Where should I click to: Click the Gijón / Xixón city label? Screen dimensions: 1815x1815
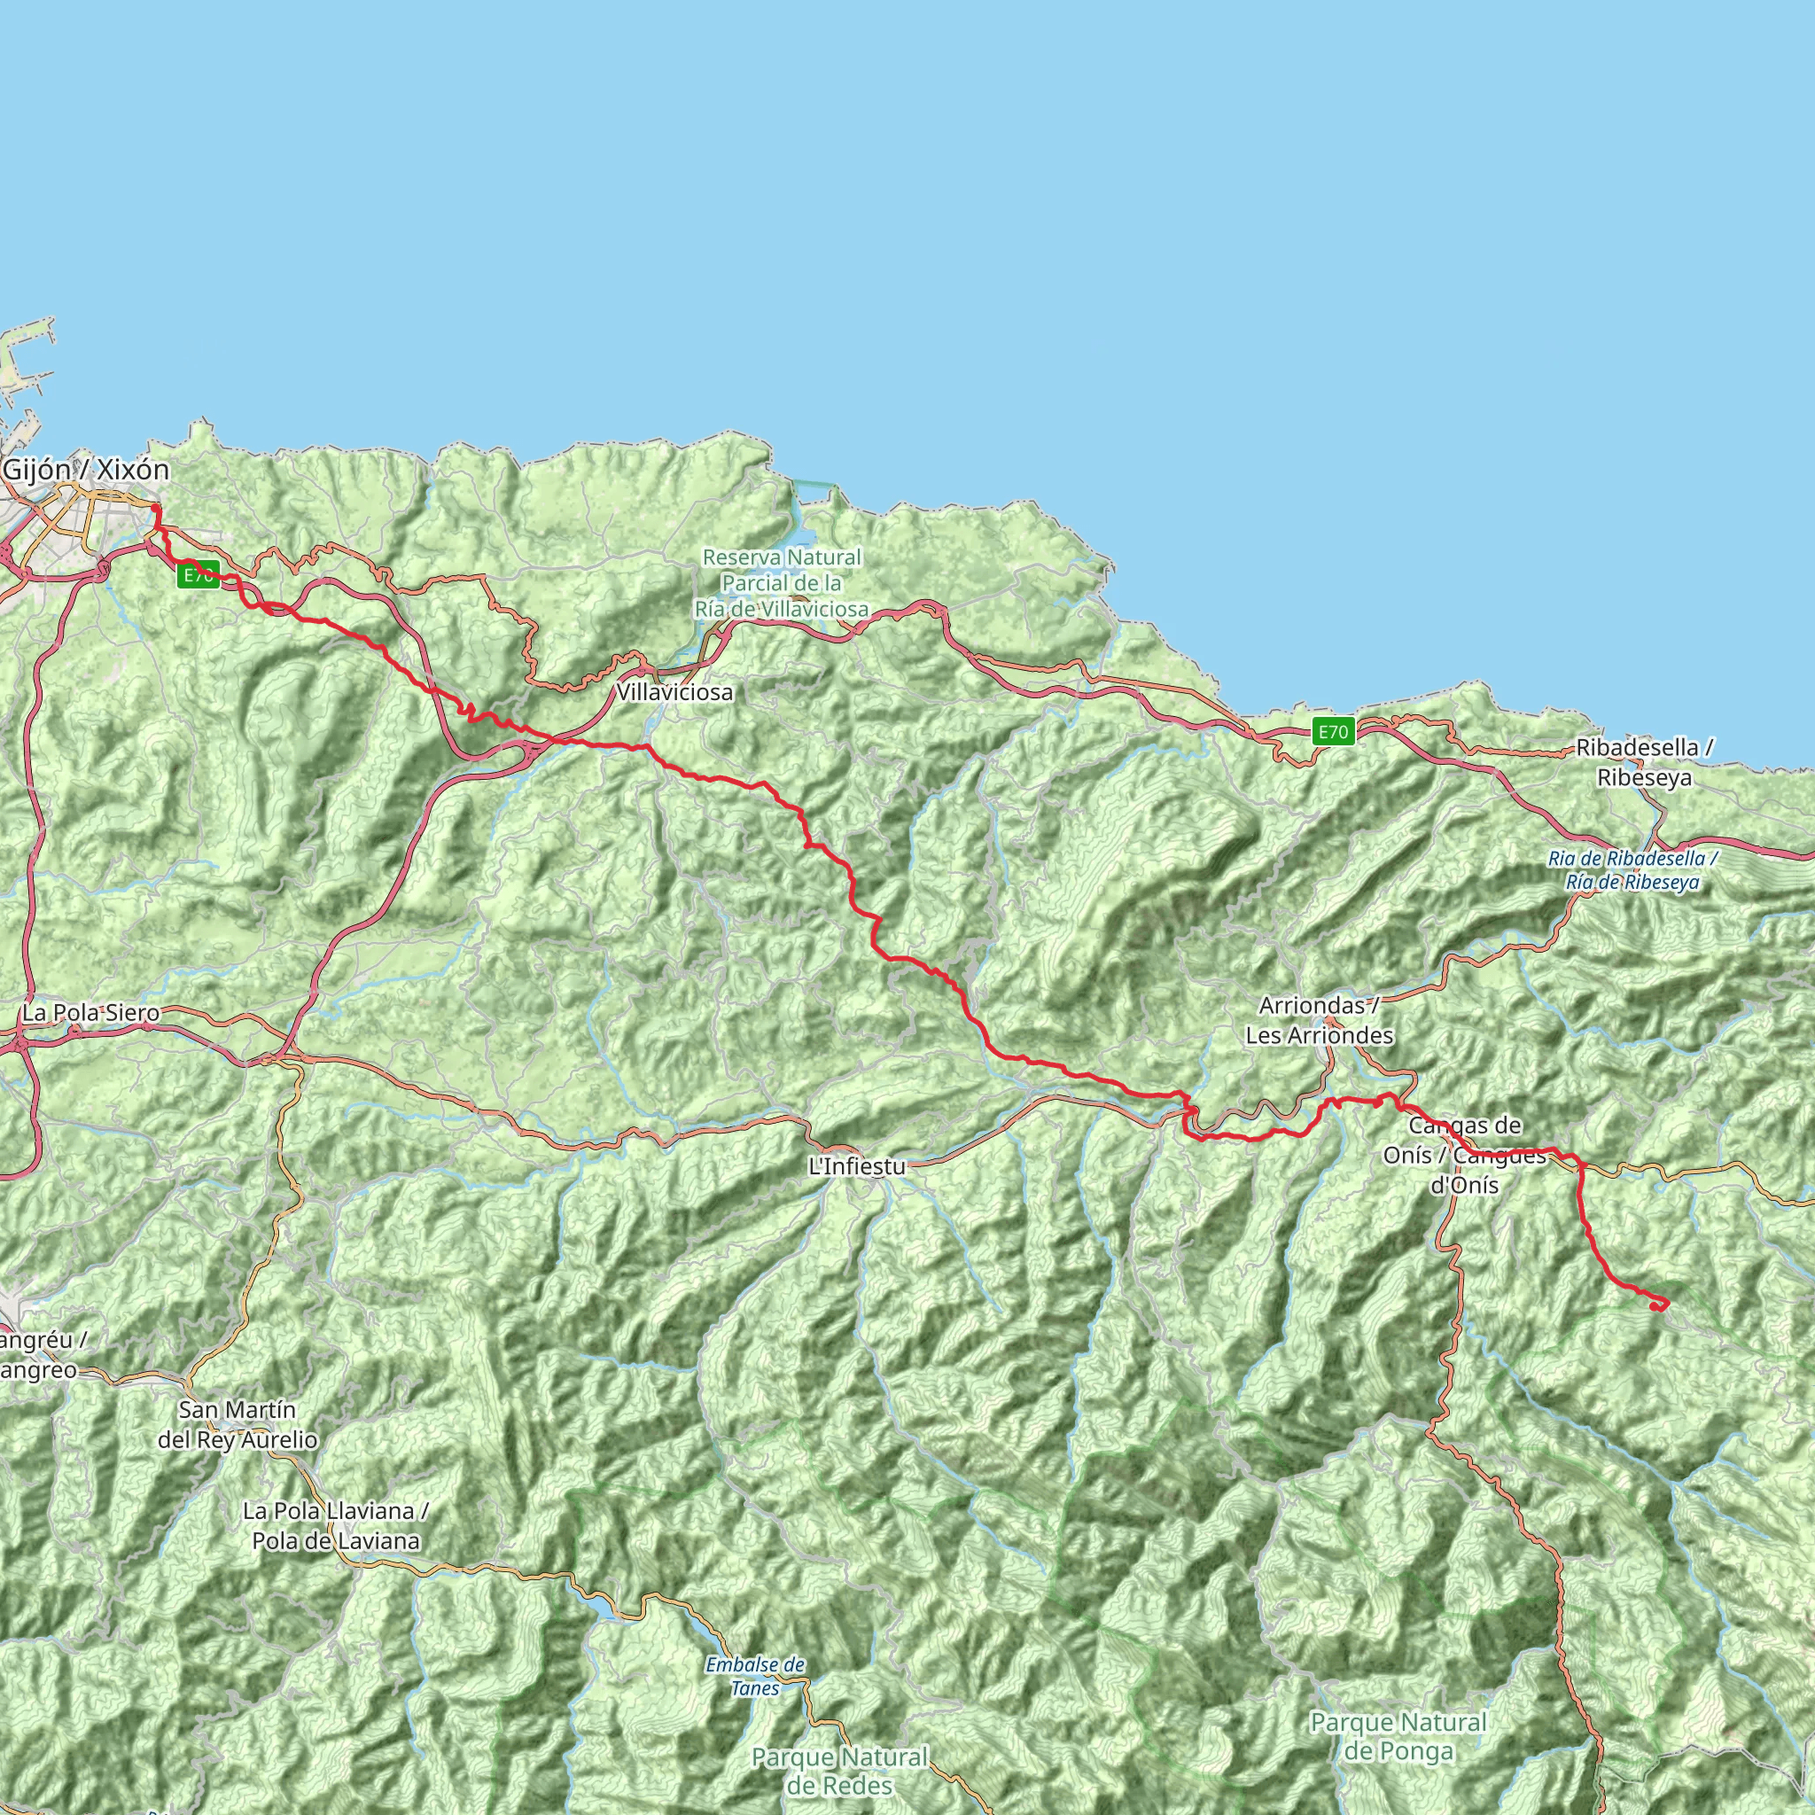[x=87, y=470]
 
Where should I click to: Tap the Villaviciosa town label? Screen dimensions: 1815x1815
[x=674, y=693]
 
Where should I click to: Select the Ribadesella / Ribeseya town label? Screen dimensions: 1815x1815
[x=1644, y=763]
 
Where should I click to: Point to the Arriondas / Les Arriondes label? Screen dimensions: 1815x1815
[x=1319, y=1020]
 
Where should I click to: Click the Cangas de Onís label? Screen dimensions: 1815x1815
[x=1464, y=1155]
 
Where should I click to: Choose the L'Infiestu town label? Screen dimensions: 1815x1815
[x=857, y=1167]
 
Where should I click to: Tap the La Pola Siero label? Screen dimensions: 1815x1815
[x=91, y=1014]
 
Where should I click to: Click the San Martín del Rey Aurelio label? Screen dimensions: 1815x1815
[x=238, y=1424]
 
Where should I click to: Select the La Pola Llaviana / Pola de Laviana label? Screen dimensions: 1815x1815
[x=335, y=1526]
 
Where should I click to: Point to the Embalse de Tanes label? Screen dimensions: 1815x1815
[x=755, y=1676]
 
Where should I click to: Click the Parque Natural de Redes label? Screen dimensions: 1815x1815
[x=840, y=1771]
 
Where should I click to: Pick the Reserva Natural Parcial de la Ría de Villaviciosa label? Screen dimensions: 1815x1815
[x=782, y=583]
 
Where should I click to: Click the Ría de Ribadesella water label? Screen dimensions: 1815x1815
[x=1632, y=870]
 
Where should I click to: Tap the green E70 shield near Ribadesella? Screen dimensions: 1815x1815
[x=1333, y=732]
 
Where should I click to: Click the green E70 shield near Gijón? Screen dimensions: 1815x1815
[x=199, y=576]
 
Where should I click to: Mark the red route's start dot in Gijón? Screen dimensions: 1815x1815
[x=155, y=510]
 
